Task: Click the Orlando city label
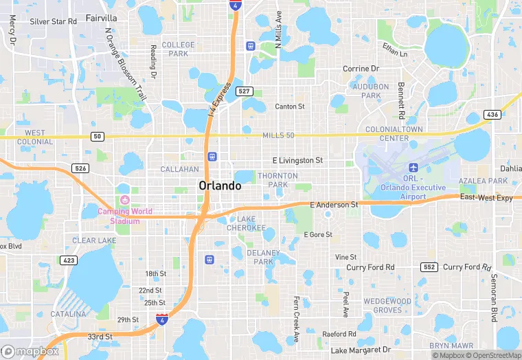point(220,185)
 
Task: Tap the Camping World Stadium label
point(124,216)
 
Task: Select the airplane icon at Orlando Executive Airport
point(413,168)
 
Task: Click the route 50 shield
point(98,137)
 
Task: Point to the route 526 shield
point(80,168)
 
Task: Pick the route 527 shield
point(244,91)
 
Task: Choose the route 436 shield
point(491,114)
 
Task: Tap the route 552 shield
point(430,267)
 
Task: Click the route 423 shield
point(69,260)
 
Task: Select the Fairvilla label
point(102,18)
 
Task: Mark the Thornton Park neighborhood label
point(277,180)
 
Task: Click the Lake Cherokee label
point(246,223)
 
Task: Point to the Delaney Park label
point(263,257)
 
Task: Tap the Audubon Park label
point(371,91)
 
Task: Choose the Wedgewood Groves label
point(387,305)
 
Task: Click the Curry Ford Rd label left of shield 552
point(370,267)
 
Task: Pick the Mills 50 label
point(278,135)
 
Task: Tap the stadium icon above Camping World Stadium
point(124,200)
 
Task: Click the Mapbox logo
point(31,351)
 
